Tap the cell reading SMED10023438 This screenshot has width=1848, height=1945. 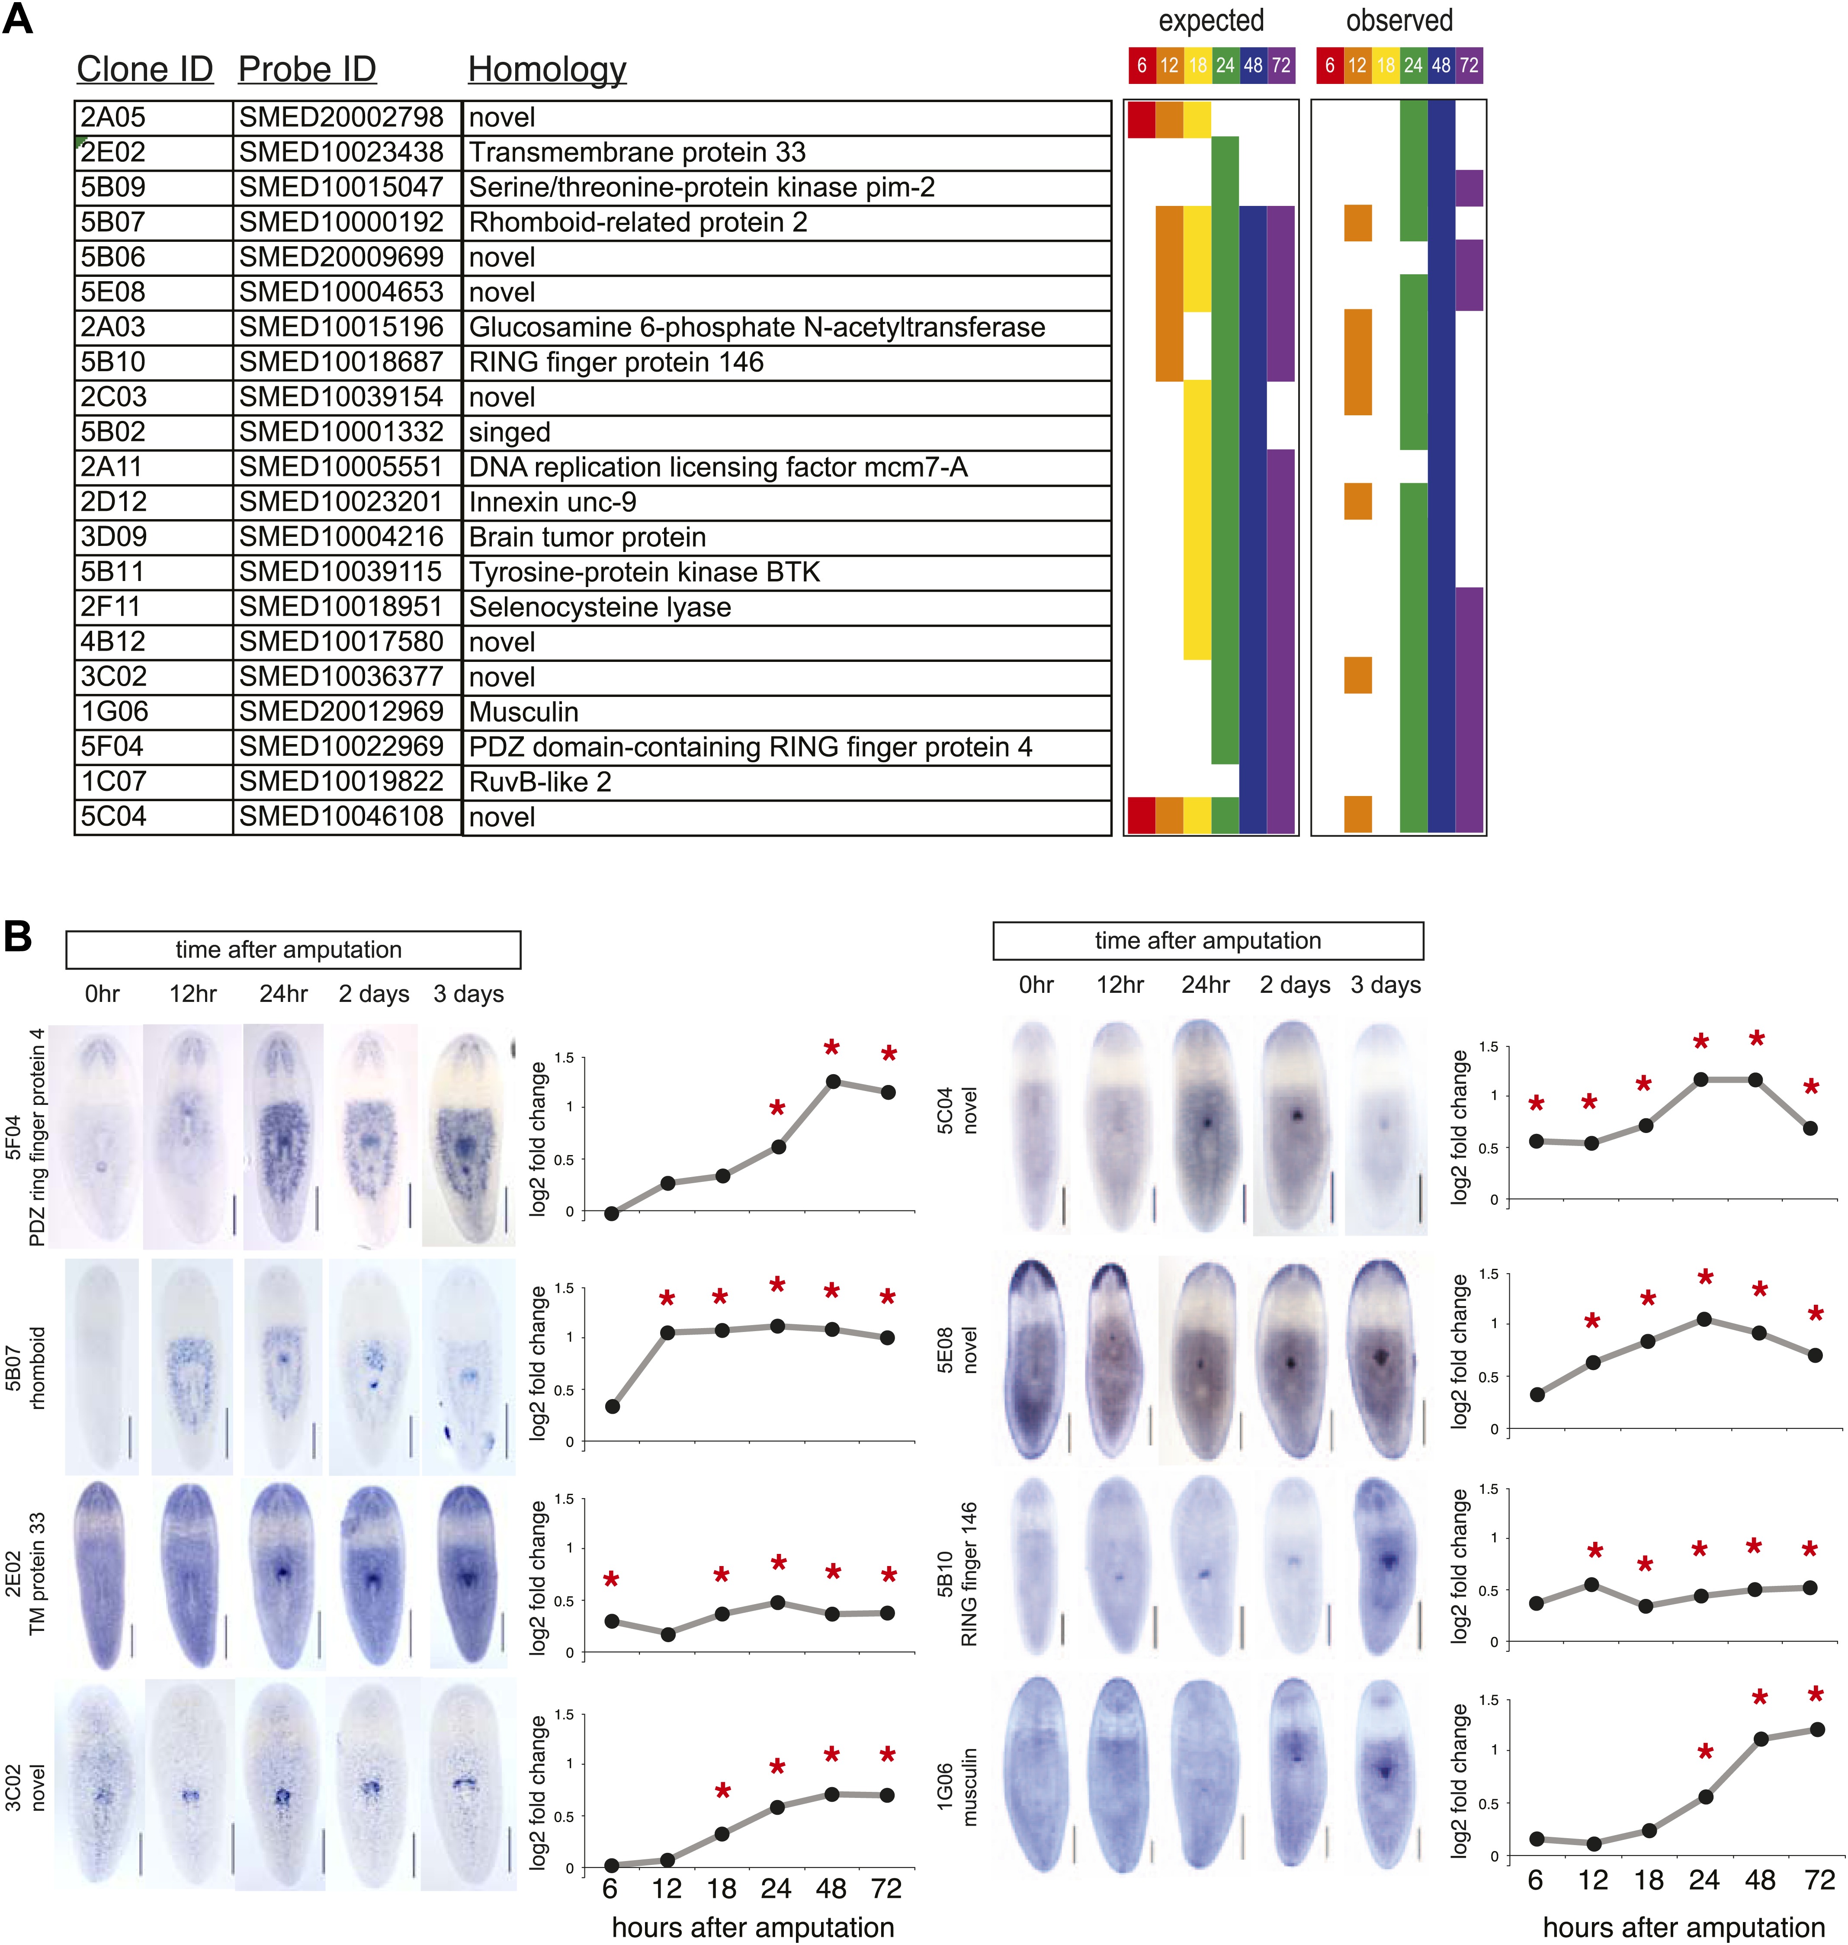coord(341,153)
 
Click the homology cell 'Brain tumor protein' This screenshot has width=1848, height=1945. coord(587,537)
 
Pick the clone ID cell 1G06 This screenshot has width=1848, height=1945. coord(113,711)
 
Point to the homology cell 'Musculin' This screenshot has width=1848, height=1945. coord(523,711)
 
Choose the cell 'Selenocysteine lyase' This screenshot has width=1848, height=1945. coord(600,607)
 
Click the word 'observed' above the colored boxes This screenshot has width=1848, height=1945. coord(1399,21)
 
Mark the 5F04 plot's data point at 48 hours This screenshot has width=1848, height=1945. coord(833,1081)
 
